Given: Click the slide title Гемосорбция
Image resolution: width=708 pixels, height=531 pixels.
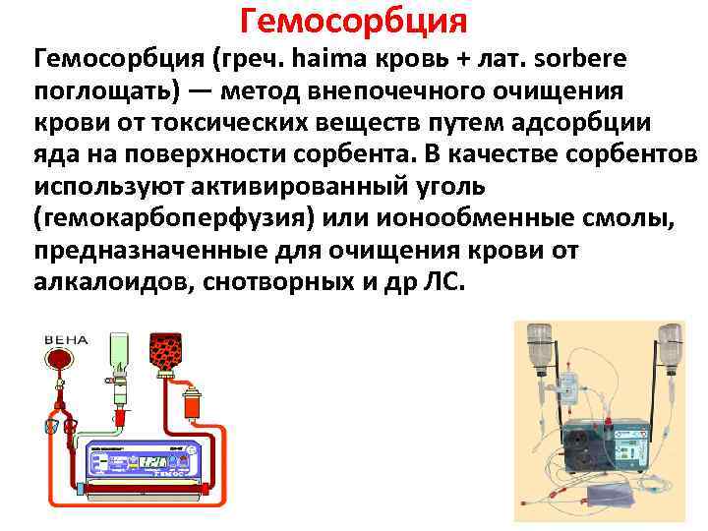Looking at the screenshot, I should click(x=353, y=19).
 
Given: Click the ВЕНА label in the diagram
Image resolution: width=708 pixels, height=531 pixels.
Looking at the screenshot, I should click(x=66, y=340).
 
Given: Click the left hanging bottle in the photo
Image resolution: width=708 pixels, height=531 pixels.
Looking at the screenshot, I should click(x=539, y=344).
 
